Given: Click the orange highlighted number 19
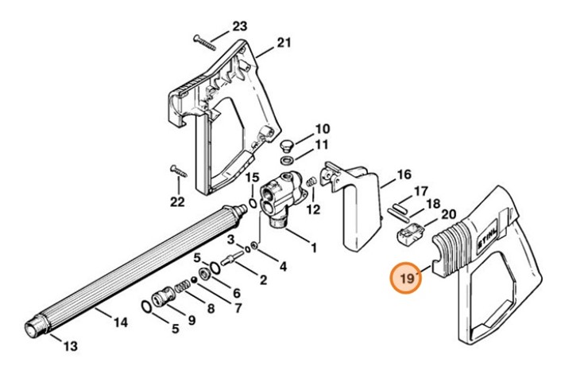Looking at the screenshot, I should point(408,279).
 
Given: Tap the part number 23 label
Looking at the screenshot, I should point(240,27).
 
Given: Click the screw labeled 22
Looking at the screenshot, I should point(177,171).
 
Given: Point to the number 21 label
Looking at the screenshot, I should point(284,43).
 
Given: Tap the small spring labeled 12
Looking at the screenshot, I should point(311,185).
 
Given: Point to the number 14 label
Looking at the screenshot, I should point(120,322).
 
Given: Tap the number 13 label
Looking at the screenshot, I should point(70,346).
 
